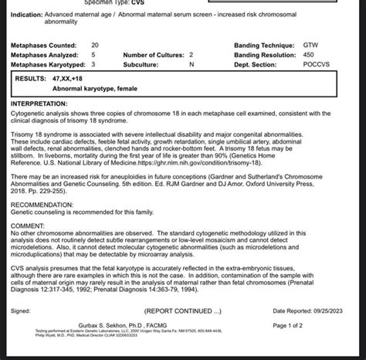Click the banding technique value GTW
pos(310,46)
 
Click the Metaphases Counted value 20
pos(94,46)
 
